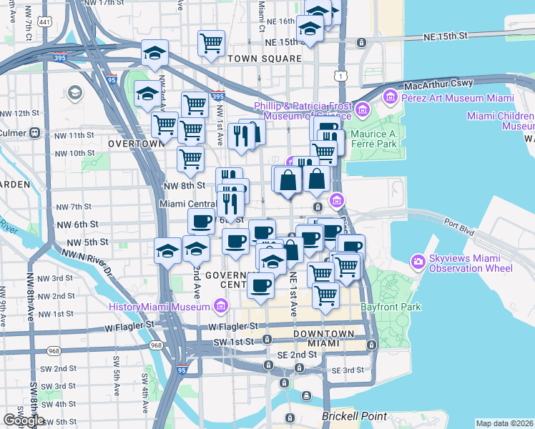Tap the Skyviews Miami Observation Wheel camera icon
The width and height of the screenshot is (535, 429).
click(x=418, y=262)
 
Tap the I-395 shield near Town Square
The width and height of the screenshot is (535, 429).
click(x=218, y=96)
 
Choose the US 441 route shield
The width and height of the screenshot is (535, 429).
click(x=45, y=23)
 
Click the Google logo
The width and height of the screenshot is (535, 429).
click(x=24, y=420)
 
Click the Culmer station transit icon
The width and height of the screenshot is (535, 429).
click(x=34, y=133)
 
